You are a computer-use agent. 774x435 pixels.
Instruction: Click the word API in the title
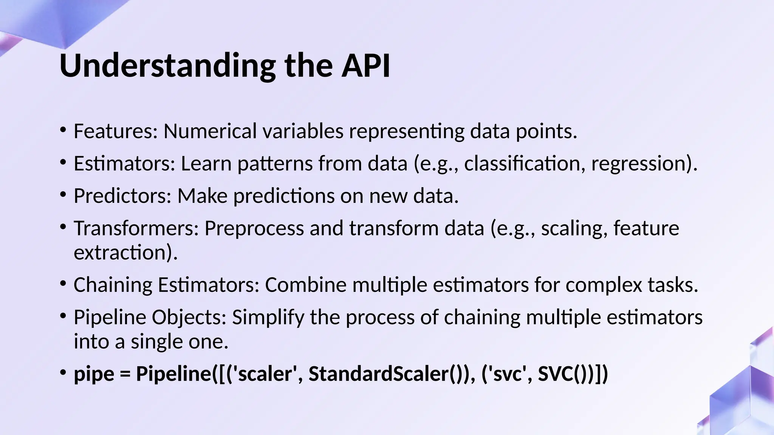coord(365,66)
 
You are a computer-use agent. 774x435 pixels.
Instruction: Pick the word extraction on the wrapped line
coord(120,253)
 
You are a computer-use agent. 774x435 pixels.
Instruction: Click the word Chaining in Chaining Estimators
coord(113,285)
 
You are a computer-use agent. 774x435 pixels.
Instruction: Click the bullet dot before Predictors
coord(63,195)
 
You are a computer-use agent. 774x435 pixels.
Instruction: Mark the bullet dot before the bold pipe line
coord(63,372)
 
